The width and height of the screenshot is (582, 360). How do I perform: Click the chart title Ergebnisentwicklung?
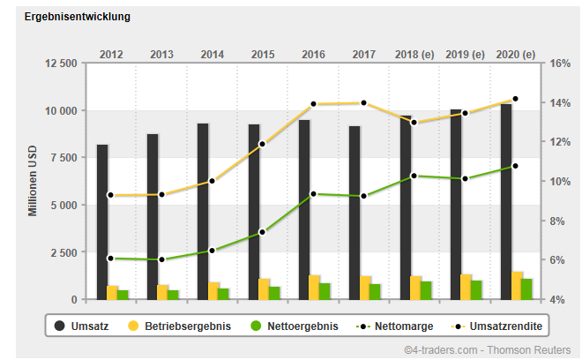tap(78, 17)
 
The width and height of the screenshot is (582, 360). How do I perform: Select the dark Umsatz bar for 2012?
tap(102, 221)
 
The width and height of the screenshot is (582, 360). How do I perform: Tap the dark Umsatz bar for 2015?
tap(254, 212)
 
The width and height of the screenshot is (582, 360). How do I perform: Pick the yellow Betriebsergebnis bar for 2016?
tap(314, 288)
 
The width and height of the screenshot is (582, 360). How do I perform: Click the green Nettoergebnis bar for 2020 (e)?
tap(527, 289)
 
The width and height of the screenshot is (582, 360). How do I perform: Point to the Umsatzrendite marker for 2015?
tap(262, 144)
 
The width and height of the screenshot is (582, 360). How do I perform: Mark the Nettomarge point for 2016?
tap(313, 194)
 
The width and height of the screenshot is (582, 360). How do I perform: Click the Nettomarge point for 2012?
tap(110, 258)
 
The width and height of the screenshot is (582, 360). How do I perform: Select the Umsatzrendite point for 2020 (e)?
tap(515, 99)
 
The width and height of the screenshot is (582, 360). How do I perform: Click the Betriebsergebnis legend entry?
tap(181, 326)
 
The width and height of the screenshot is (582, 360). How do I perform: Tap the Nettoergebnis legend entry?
tap(292, 326)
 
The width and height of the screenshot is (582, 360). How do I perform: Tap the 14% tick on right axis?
tap(561, 103)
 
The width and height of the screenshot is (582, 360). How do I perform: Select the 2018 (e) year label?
tap(414, 54)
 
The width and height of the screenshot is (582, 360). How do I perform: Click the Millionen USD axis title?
tap(33, 182)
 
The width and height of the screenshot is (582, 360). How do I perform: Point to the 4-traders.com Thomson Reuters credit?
tap(487, 349)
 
